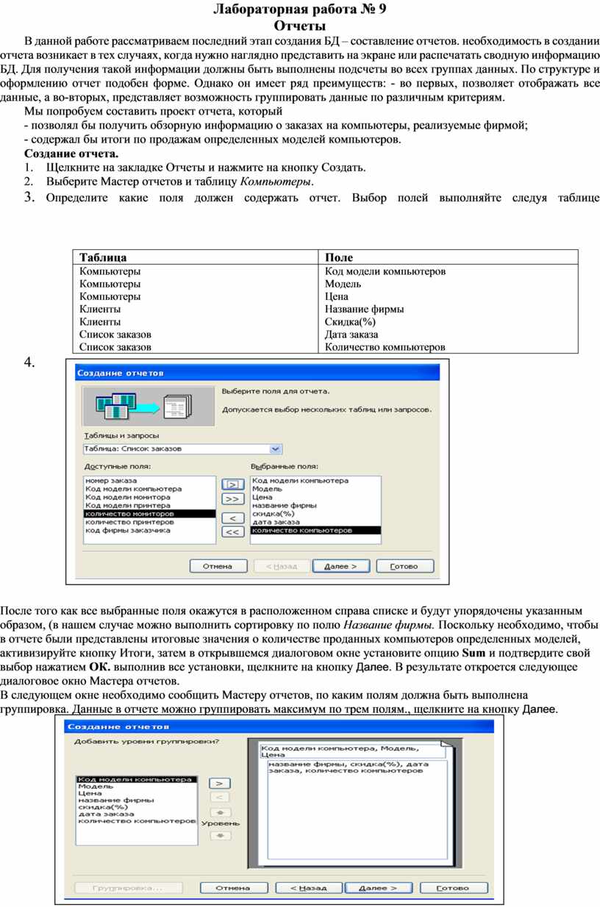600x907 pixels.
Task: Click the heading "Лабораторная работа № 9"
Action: (x=299, y=10)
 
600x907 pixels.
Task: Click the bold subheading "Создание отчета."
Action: (x=71, y=154)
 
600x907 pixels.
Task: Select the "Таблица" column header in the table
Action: (x=103, y=257)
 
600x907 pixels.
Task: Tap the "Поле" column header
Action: (x=339, y=257)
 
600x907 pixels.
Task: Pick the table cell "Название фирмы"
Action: (x=364, y=309)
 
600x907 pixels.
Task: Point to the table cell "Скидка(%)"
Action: (x=350, y=322)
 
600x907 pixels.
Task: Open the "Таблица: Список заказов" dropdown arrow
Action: (x=276, y=448)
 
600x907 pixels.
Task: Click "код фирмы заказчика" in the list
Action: (x=128, y=530)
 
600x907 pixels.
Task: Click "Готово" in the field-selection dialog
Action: (x=404, y=567)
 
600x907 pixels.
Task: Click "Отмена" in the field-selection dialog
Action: (x=218, y=567)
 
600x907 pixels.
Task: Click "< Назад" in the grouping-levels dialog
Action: (x=308, y=888)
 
